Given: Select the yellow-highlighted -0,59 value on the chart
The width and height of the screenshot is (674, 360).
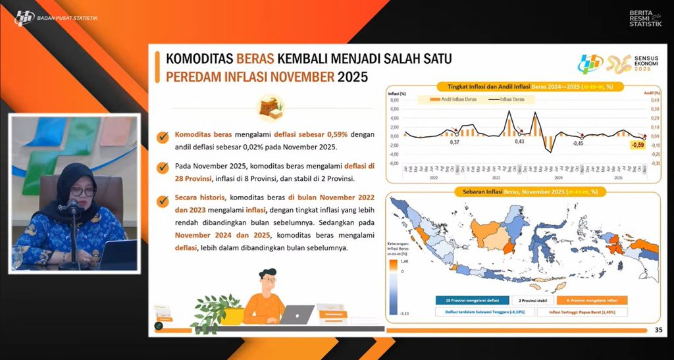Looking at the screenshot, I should (637, 145).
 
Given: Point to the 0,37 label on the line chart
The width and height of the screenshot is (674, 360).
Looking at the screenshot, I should (454, 141).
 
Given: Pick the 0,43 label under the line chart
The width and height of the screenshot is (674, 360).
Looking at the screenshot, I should (519, 141).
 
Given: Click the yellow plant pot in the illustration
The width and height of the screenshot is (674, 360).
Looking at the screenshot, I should (232, 317).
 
